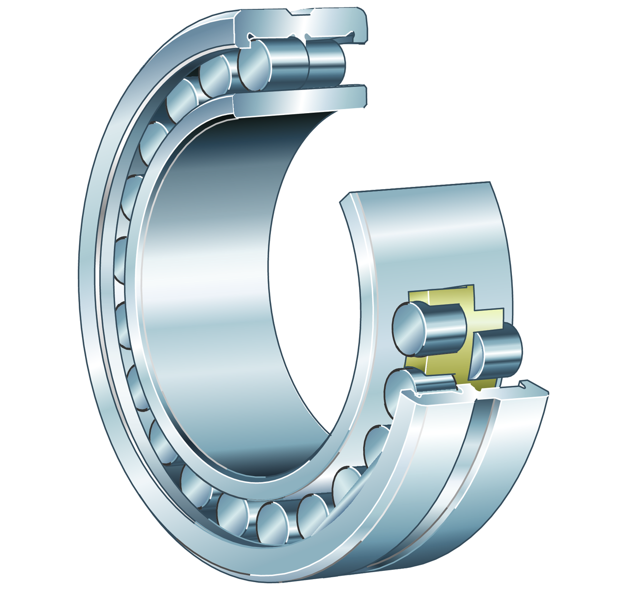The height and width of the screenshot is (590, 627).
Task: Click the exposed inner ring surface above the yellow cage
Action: tap(433, 236)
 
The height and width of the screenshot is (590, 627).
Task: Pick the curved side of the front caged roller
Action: tap(445, 327)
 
